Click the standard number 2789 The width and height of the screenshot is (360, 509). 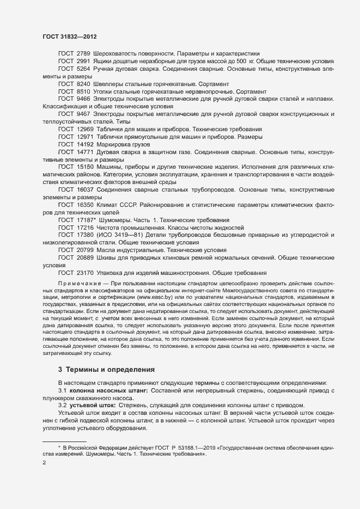[x=82, y=54]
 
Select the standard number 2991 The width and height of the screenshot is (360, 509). [x=82, y=62]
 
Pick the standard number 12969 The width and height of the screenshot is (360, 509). [x=84, y=129]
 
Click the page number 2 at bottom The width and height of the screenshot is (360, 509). [x=44, y=463]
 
